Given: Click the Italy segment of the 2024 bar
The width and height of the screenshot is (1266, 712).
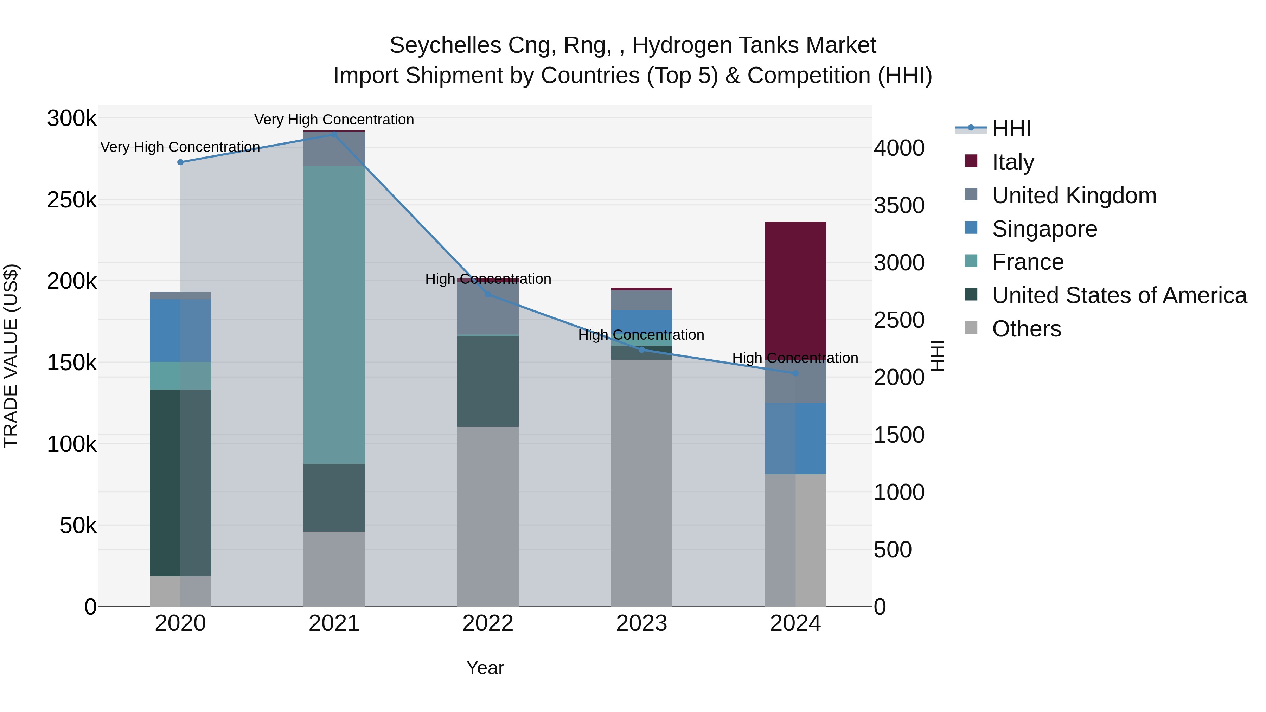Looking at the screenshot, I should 795,290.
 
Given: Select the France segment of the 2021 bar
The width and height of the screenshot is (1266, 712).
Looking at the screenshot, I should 334,314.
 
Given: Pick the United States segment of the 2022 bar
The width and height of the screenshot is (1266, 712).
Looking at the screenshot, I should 487,381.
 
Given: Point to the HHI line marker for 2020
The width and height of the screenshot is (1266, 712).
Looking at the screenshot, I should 180,162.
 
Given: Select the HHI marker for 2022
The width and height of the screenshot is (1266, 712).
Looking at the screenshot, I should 487,294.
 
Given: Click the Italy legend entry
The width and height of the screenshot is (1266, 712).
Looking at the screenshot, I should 1013,162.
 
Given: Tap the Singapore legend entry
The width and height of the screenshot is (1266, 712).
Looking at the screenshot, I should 1044,229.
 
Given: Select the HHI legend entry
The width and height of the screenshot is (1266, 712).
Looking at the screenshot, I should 1011,129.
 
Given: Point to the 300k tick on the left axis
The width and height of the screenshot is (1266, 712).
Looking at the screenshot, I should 72,118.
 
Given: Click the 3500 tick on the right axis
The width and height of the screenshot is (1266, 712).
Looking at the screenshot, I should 899,205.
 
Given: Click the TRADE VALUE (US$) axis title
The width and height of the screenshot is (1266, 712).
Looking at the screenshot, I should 11,356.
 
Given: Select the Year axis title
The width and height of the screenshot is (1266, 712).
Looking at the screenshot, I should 485,668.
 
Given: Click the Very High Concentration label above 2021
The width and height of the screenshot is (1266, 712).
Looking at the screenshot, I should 334,120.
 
